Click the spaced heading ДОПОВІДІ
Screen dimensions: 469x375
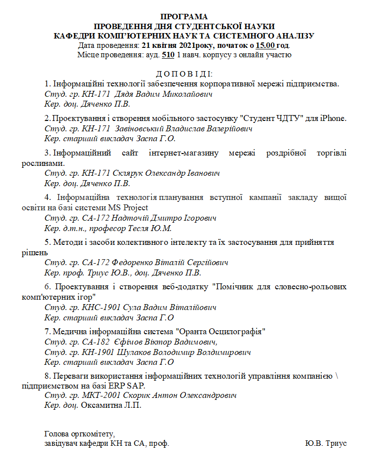184,74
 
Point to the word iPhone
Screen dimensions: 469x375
333,118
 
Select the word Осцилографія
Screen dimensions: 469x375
235,330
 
